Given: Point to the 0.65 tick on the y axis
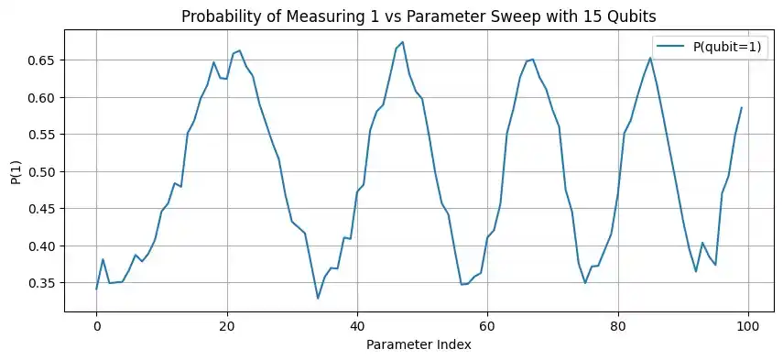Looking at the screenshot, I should (43, 60).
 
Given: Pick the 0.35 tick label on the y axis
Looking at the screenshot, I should (43, 283).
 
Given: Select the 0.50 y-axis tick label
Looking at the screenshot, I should (43, 172).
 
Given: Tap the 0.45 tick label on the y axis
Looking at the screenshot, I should (43, 209).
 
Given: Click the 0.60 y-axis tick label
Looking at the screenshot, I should (43, 98).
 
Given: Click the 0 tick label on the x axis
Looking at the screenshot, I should (96, 325).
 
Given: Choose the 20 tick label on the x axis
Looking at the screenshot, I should (227, 325).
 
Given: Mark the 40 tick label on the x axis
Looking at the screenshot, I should (357, 325).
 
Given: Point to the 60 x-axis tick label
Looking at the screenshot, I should (488, 325).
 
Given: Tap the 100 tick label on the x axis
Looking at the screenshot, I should (749, 325).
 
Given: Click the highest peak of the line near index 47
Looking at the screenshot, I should (403, 42).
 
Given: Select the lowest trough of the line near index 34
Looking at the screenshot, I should (318, 298).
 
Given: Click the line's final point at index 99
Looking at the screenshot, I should (742, 107).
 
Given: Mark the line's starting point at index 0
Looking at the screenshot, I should (96, 289).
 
